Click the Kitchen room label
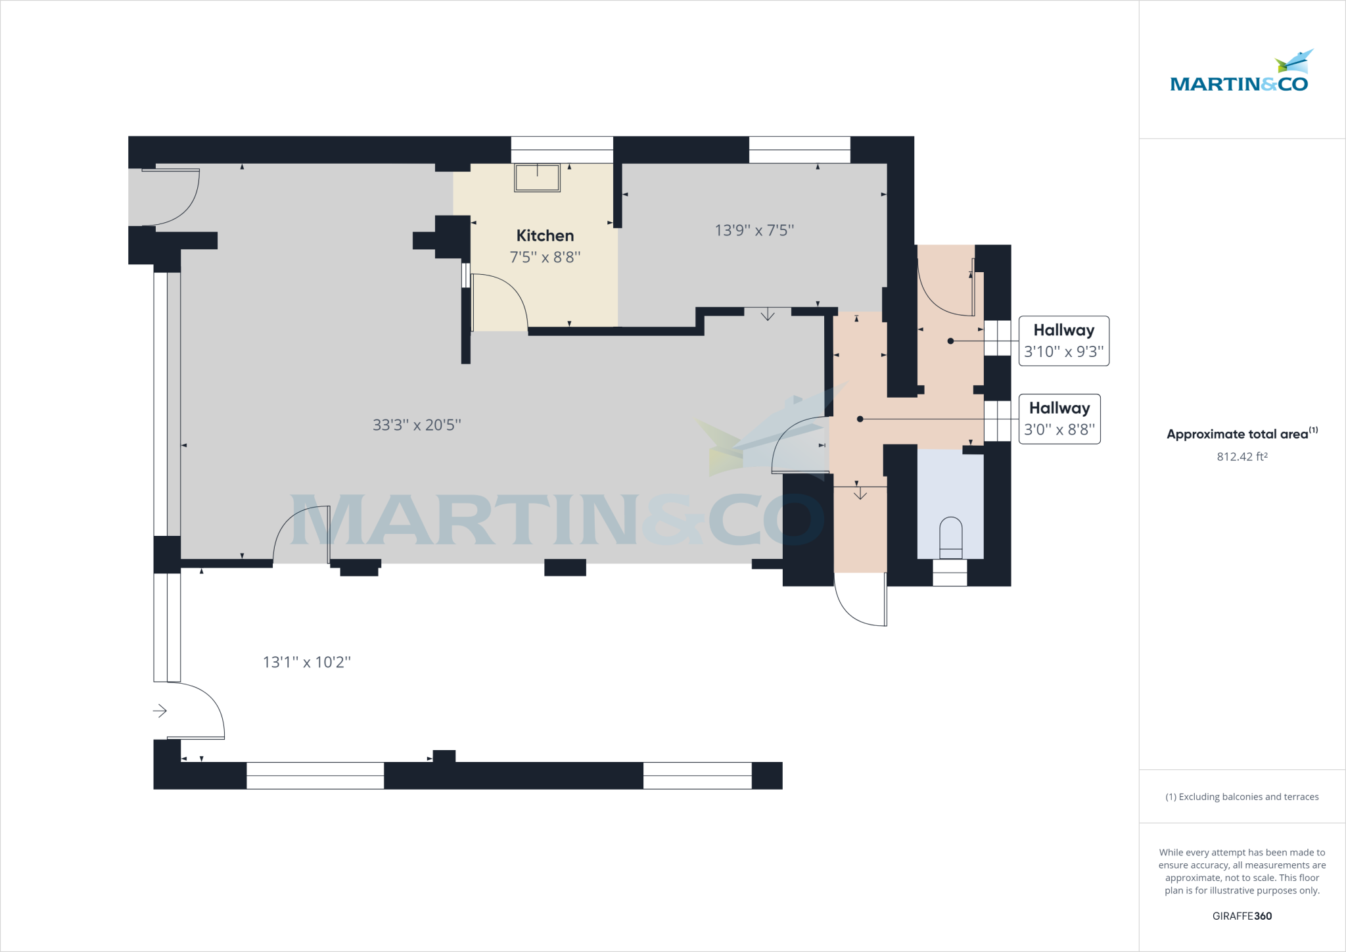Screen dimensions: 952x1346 545,235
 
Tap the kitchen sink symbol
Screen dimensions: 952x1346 537,178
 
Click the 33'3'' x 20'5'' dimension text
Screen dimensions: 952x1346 417,425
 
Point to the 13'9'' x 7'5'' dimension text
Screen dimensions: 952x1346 754,231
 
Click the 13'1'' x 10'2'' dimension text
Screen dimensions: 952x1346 307,662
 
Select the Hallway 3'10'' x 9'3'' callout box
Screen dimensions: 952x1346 1063,341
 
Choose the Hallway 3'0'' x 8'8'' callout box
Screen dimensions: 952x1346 1059,419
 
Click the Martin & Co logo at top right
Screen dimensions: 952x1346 1240,72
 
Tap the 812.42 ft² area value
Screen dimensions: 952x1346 1242,457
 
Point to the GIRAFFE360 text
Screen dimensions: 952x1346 1242,916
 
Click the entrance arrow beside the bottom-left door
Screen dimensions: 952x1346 160,711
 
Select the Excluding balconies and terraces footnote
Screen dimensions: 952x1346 1242,797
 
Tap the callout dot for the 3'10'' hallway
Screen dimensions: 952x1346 950,341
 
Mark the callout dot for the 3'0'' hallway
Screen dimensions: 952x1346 860,419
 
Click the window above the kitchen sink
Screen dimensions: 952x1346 562,149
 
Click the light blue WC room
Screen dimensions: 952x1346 950,487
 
